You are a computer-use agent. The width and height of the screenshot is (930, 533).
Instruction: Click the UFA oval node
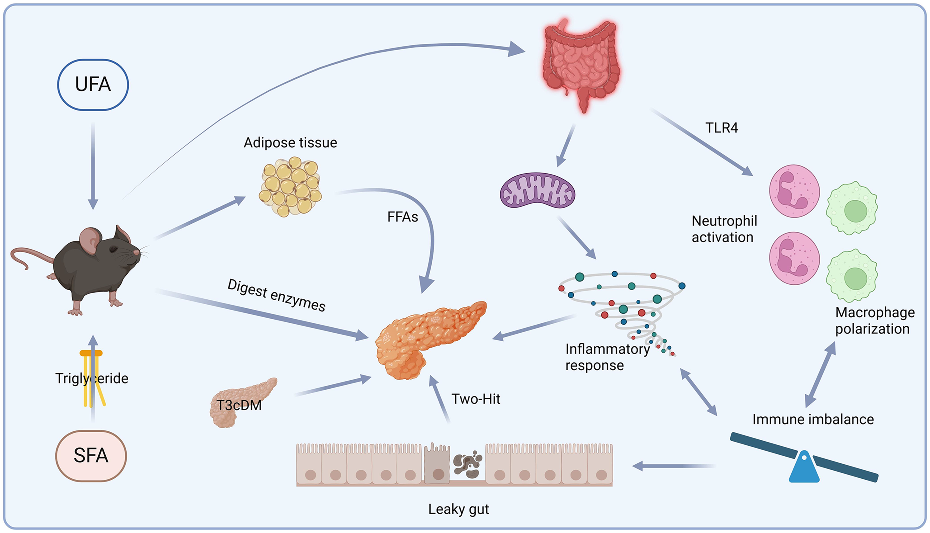(x=93, y=85)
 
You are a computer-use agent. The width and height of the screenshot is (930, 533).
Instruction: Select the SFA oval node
(x=91, y=455)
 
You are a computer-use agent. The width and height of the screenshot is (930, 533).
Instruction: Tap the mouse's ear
(x=90, y=240)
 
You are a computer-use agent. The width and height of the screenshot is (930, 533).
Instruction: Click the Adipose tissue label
(x=291, y=143)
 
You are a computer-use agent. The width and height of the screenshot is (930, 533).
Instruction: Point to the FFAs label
(x=403, y=217)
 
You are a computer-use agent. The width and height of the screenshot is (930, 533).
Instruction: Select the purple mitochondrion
(x=537, y=190)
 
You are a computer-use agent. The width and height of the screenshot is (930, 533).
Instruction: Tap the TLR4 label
(x=722, y=128)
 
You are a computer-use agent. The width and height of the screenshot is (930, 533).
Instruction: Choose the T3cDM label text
(x=239, y=405)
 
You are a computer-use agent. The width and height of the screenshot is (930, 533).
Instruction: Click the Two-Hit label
(x=476, y=399)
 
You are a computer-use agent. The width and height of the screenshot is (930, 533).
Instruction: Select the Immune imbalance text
(x=813, y=419)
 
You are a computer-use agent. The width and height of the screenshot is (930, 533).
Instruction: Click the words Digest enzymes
(x=276, y=295)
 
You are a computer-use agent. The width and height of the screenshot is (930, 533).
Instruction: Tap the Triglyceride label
(x=92, y=378)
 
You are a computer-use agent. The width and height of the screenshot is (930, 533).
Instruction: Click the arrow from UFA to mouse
(x=93, y=165)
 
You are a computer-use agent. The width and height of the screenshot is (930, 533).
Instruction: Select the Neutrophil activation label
(x=724, y=229)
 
